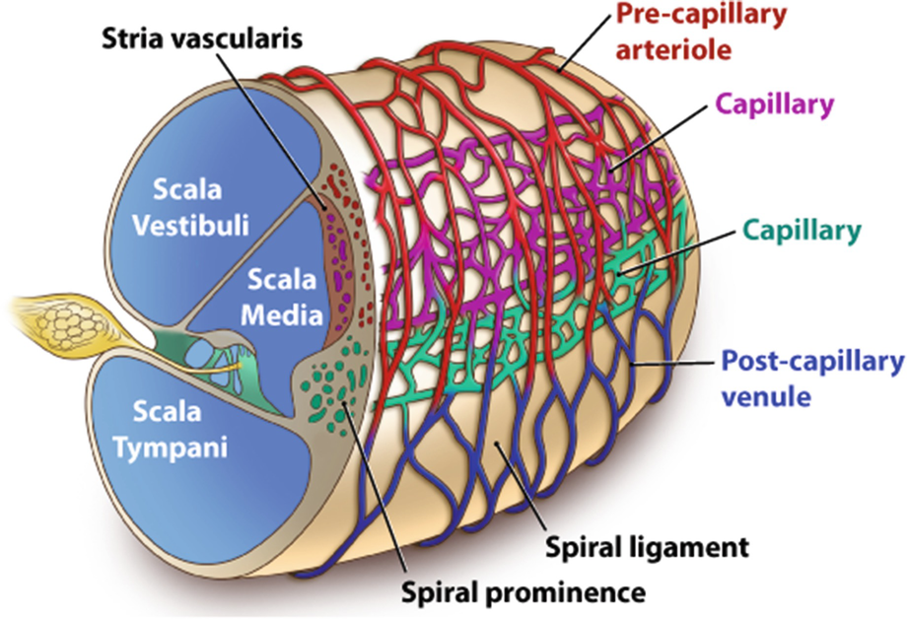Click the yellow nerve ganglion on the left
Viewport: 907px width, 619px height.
coord(43,317)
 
